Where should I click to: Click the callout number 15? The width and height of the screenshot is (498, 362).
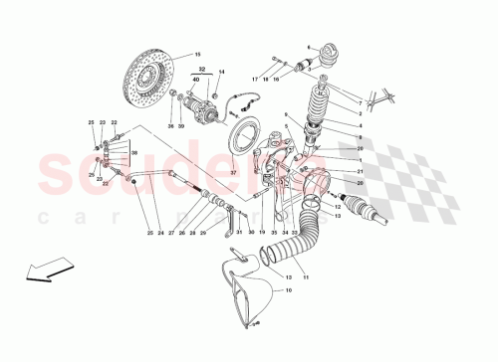click(x=197, y=55)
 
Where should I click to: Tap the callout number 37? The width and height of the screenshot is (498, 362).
click(x=235, y=172)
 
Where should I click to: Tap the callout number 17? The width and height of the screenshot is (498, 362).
click(x=254, y=79)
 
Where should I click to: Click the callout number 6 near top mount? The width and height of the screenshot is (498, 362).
click(x=310, y=48)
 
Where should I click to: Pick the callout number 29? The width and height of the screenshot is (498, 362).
click(x=203, y=232)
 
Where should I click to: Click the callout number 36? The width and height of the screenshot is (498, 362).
click(x=170, y=126)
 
